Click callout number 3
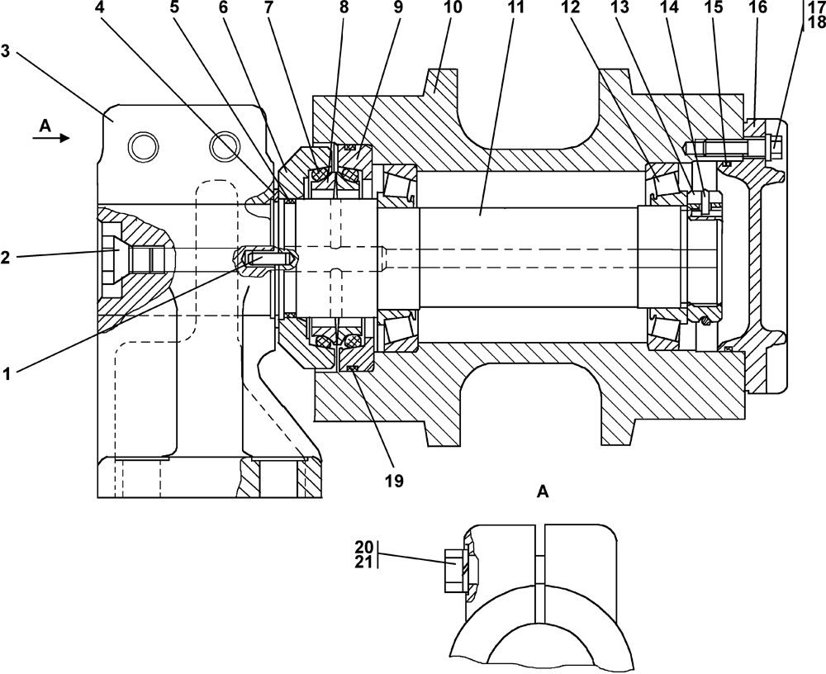tap(5, 53)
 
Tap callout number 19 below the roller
tap(394, 481)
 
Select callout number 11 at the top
tap(516, 7)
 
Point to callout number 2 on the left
tap(5, 259)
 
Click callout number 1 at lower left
tap(7, 374)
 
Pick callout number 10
tap(453, 7)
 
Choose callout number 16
tap(760, 7)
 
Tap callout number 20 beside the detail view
tap(363, 547)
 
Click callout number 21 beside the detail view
tap(363, 562)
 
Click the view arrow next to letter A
tap(51, 138)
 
